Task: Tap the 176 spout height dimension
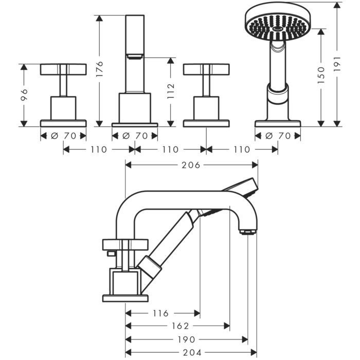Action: (x=100, y=68)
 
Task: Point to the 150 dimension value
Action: (x=321, y=76)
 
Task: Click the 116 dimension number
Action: (x=163, y=313)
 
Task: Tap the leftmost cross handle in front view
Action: (x=63, y=69)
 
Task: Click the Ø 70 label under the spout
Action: (x=135, y=135)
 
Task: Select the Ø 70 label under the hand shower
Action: (x=278, y=135)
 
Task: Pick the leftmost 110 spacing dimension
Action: (x=99, y=150)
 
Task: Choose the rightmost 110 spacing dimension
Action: (x=241, y=150)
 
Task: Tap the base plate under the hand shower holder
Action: (x=278, y=123)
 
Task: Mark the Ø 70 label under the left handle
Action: (x=63, y=135)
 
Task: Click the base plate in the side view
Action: (x=125, y=298)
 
